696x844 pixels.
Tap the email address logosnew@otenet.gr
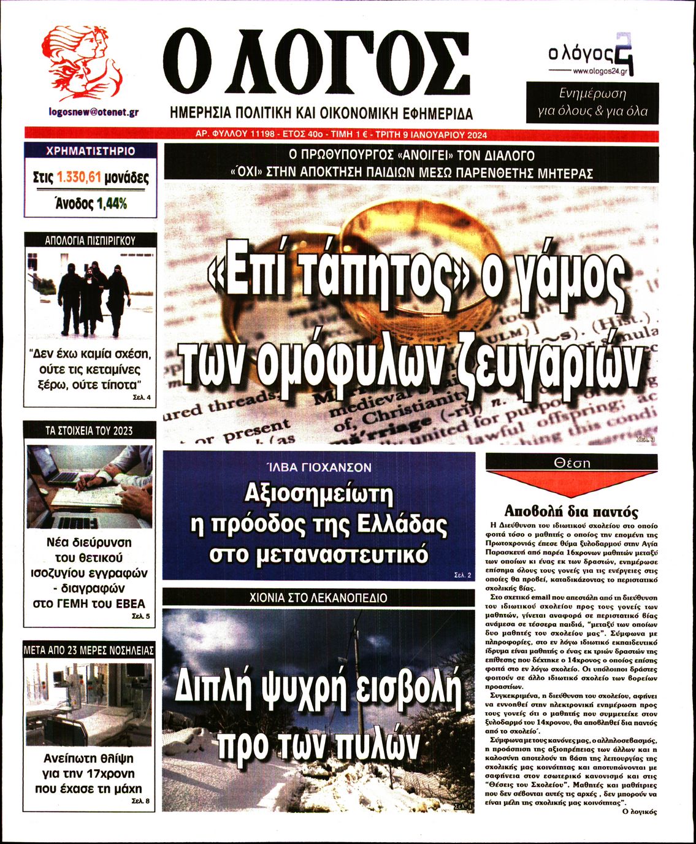(94, 112)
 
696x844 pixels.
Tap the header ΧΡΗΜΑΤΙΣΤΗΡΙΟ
(90, 151)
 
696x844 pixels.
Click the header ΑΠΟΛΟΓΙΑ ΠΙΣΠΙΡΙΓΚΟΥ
(90, 240)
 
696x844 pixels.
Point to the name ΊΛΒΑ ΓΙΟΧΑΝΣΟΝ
(319, 467)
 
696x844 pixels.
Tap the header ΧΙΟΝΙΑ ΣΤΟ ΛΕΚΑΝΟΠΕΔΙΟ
(319, 597)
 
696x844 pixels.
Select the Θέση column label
(572, 462)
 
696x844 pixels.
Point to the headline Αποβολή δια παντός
(571, 512)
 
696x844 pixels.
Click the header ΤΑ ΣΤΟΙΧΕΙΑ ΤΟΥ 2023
(90, 431)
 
